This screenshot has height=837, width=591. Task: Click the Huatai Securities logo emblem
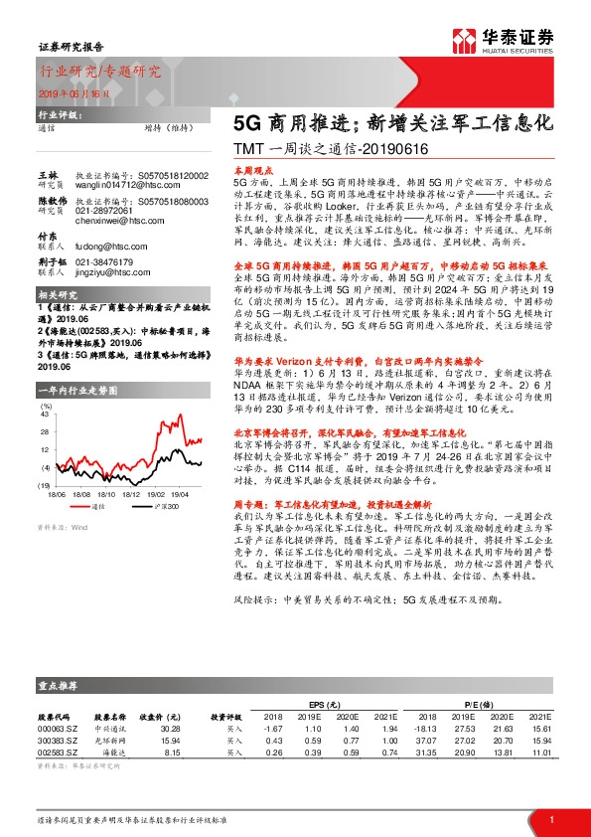coord(464,40)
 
